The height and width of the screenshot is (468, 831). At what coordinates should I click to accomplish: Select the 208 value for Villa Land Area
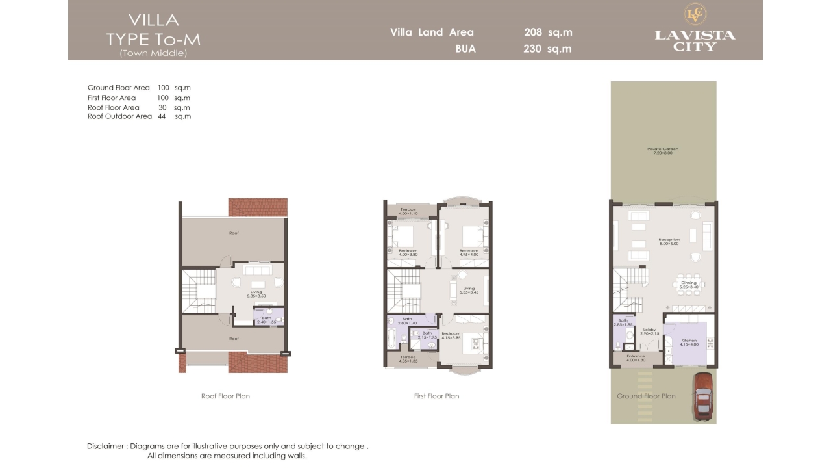(x=532, y=32)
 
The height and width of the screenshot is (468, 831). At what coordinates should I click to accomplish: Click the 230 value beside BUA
(x=532, y=49)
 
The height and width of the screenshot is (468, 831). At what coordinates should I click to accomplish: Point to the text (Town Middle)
(x=153, y=53)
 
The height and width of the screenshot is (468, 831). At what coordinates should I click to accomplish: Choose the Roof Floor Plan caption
(x=225, y=396)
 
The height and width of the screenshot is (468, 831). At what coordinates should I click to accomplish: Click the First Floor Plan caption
(x=436, y=396)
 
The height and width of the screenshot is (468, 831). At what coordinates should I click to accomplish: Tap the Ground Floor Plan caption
(x=646, y=396)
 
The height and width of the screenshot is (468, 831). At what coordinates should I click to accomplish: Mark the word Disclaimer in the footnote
(x=105, y=447)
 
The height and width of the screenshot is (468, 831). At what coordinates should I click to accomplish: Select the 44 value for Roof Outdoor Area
(x=162, y=116)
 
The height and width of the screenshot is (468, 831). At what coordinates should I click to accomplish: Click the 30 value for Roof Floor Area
(x=162, y=107)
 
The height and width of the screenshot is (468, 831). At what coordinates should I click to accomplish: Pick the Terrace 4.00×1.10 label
(x=408, y=211)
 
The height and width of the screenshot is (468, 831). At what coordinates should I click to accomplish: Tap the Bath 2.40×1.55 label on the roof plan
(x=267, y=320)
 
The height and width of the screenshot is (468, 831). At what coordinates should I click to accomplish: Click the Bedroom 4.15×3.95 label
(x=451, y=335)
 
